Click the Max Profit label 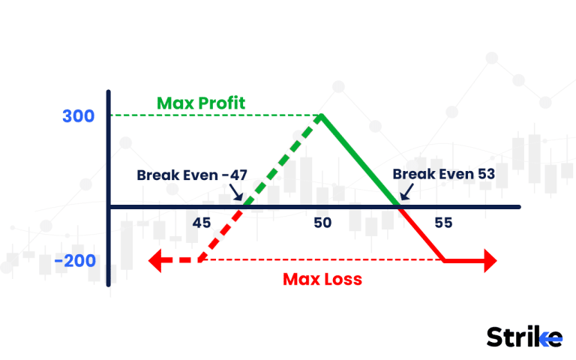201,103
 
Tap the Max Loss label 322,280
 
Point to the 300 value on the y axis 79,116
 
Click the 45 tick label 201,223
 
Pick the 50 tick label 322,223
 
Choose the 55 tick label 442,223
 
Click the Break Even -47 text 191,175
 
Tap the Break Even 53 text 443,175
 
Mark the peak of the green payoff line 322,115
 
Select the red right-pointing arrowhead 489,261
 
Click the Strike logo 523,337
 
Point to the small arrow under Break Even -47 238,196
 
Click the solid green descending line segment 360,160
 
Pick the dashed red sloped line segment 220,233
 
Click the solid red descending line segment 421,233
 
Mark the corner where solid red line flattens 444,260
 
